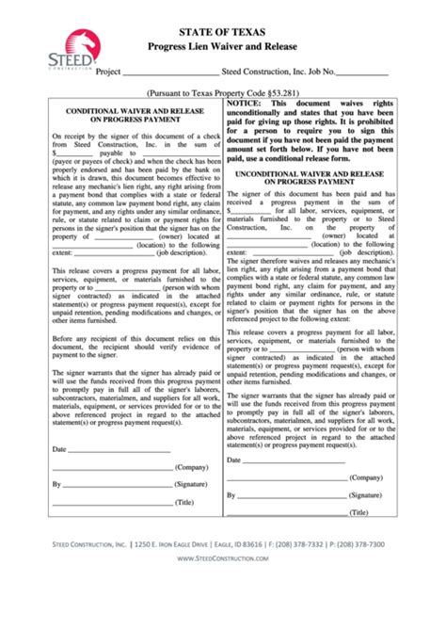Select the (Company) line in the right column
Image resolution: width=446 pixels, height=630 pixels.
pyautogui.click(x=286, y=477)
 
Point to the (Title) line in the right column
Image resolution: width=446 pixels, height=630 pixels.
pyautogui.click(x=286, y=513)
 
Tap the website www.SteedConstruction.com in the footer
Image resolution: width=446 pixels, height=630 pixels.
pyautogui.click(x=224, y=558)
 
